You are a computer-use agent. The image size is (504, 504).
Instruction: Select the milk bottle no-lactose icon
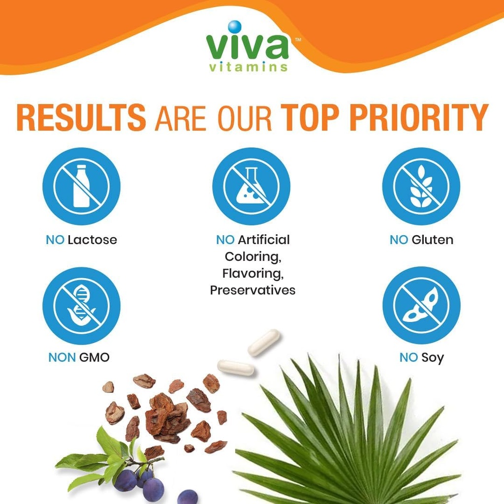coord(81,186)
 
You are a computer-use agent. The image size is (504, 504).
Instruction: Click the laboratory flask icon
coord(251,186)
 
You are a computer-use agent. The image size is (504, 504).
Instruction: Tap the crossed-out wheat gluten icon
coord(421,186)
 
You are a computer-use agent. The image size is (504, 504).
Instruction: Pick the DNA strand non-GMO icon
coord(81,306)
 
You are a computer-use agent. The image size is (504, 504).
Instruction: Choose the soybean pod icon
coord(421,306)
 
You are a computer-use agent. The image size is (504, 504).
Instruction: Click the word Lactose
coord(93,240)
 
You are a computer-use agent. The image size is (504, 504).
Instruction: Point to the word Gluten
coord(432,240)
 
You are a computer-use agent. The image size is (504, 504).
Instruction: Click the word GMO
coord(94,358)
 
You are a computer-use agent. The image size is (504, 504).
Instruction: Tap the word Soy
coord(432,358)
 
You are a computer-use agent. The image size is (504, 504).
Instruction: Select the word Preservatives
coord(252,290)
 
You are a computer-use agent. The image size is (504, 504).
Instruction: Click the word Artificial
coord(264,240)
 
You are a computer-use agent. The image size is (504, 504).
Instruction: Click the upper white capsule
coord(264,342)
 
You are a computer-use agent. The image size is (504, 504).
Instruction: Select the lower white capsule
coord(236,368)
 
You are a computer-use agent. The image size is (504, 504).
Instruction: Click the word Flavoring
coord(252,273)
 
